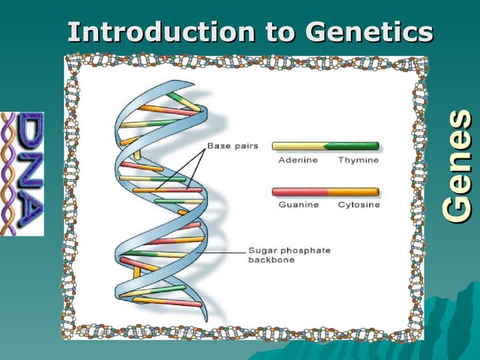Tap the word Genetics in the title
(370, 32)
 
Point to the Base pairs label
(229, 145)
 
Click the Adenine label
(297, 160)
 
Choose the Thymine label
(358, 160)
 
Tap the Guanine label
(297, 205)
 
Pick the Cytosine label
(358, 205)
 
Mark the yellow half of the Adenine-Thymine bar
(296, 146)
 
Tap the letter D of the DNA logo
(27, 130)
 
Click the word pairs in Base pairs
(241, 145)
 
